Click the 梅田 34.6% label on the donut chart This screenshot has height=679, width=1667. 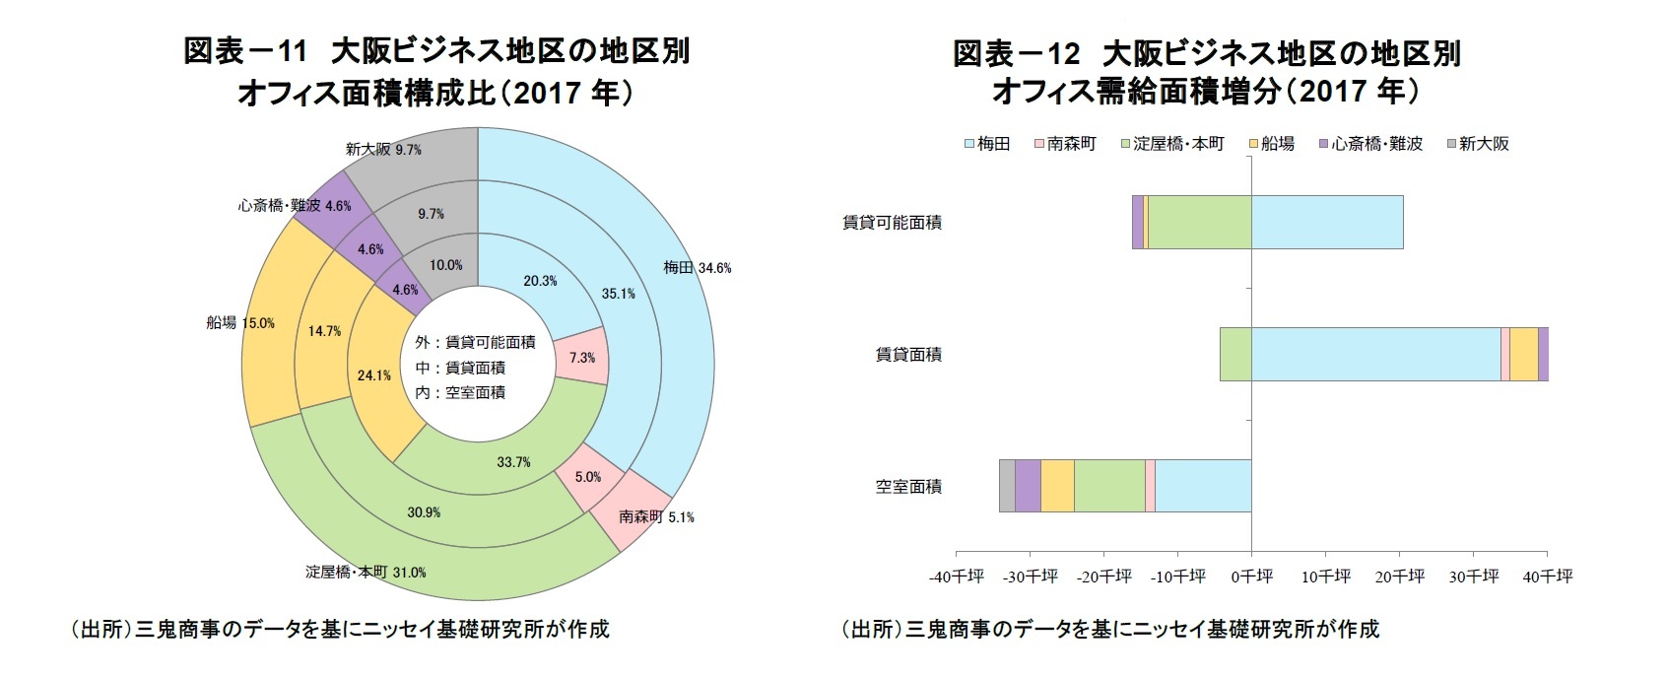click(x=697, y=268)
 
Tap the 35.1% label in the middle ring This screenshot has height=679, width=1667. click(x=618, y=294)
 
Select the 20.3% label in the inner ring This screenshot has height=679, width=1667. click(x=540, y=281)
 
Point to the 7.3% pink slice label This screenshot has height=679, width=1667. click(x=581, y=358)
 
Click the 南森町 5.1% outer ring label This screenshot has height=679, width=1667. click(x=656, y=516)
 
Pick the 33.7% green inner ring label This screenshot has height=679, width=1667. click(x=513, y=461)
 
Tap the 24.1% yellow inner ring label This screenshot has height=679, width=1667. click(x=374, y=375)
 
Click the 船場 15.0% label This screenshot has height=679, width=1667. click(x=240, y=323)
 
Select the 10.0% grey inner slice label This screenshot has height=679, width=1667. click(x=445, y=265)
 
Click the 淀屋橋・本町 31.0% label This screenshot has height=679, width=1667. click(x=366, y=572)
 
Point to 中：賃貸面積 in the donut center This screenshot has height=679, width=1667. click(x=460, y=368)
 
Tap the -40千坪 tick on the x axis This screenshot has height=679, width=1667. click(x=956, y=577)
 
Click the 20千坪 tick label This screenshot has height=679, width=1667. click(x=1399, y=577)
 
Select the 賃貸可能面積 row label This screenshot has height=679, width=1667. click(x=892, y=223)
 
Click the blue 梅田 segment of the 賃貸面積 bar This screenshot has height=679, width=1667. click(x=1375, y=354)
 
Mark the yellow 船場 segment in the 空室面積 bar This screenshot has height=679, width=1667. click(x=1057, y=486)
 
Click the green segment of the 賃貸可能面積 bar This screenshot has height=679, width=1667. click(x=1199, y=222)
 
